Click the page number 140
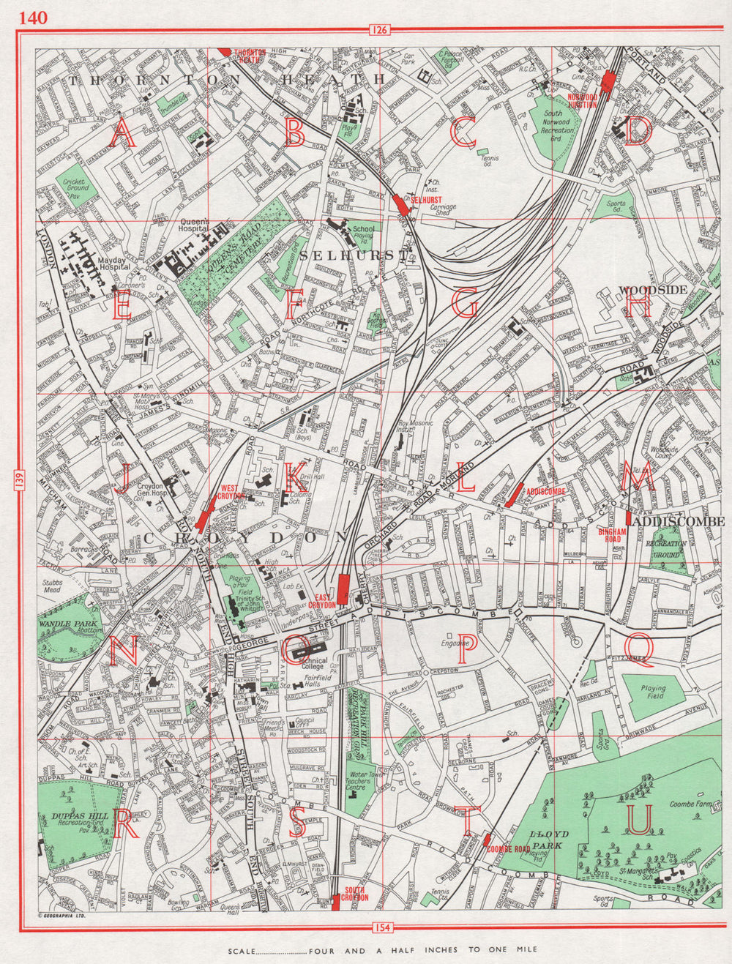[x=34, y=17]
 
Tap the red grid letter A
[x=122, y=134]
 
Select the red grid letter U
[x=638, y=820]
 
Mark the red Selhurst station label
[x=424, y=199]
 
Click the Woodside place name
[x=653, y=289]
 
